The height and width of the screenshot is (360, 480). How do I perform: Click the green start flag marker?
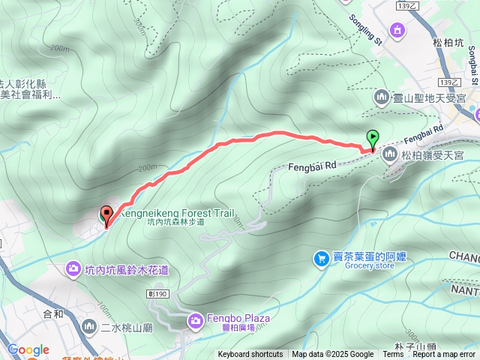coord(373,137)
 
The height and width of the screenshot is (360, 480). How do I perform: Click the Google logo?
coord(28,349)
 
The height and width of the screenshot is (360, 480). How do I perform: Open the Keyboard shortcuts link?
coord(250,355)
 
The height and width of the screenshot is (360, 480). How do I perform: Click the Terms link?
coord(393,355)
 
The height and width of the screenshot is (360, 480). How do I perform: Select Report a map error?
coord(444,355)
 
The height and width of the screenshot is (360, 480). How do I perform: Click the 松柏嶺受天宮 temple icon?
coord(389,154)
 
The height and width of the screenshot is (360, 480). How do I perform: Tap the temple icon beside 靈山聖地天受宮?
coord(381,97)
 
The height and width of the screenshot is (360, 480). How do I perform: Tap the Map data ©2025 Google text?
coord(332,355)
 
